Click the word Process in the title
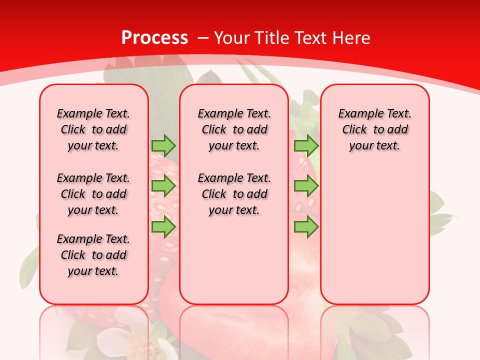click(154, 38)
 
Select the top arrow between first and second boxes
click(163, 145)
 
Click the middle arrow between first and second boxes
click(163, 186)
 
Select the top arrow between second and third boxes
click(306, 145)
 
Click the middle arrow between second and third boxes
click(306, 186)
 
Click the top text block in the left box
click(93, 129)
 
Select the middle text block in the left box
click(93, 194)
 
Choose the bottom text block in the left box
click(93, 255)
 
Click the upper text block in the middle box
click(234, 129)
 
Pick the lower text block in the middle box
click(234, 194)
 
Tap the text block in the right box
click(375, 129)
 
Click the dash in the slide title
click(202, 38)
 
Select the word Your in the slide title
click(232, 38)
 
